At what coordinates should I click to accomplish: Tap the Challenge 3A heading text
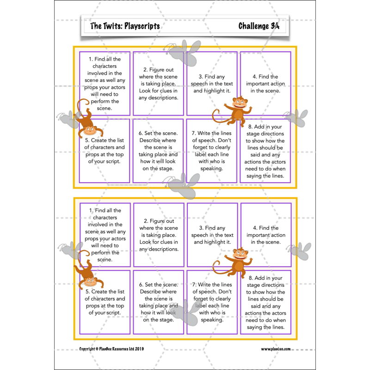click(259, 26)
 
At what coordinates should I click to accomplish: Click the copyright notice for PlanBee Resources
click(111, 349)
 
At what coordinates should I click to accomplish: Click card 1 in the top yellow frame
click(105, 83)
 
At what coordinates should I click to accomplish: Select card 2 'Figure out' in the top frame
click(159, 83)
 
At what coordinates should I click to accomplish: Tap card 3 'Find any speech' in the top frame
click(212, 83)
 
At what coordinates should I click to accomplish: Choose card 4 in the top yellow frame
click(265, 83)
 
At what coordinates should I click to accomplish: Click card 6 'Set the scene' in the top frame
click(159, 151)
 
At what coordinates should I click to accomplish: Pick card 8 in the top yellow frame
click(265, 151)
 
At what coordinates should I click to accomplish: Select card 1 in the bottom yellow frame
click(105, 235)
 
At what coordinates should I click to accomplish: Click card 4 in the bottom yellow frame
click(265, 235)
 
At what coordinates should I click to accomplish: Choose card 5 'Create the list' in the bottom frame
click(105, 302)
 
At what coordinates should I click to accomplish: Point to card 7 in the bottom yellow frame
click(212, 302)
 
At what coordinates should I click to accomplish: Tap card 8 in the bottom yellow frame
click(265, 302)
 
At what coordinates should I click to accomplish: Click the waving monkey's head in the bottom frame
click(240, 254)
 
